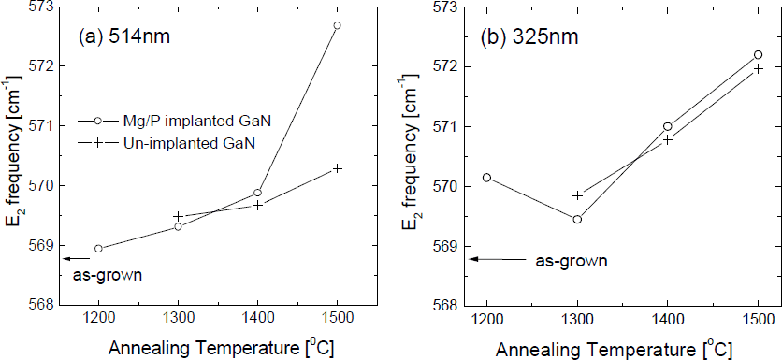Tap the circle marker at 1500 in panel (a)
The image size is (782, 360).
[x=337, y=25]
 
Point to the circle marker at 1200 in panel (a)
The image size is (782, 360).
[x=98, y=249]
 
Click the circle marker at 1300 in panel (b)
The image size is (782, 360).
[x=577, y=220]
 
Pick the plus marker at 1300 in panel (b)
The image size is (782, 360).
[x=577, y=195]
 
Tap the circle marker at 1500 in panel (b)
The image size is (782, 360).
[x=758, y=55]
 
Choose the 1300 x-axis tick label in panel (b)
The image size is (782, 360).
[x=577, y=320]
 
